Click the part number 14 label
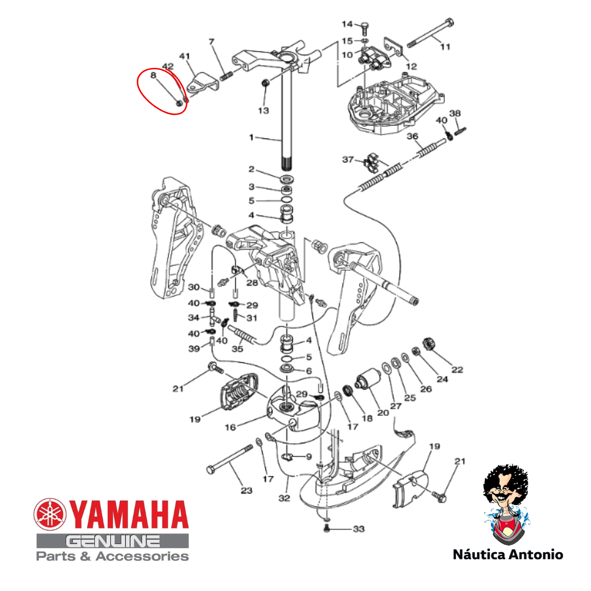(347, 24)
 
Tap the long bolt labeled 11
(430, 33)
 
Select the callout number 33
(358, 529)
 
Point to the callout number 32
(284, 499)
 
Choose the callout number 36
(413, 136)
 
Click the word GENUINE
(113, 542)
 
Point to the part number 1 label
(251, 137)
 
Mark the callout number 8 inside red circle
(153, 76)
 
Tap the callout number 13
(263, 111)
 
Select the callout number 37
(347, 159)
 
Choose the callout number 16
(230, 427)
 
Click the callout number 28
(252, 283)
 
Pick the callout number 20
(383, 413)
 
